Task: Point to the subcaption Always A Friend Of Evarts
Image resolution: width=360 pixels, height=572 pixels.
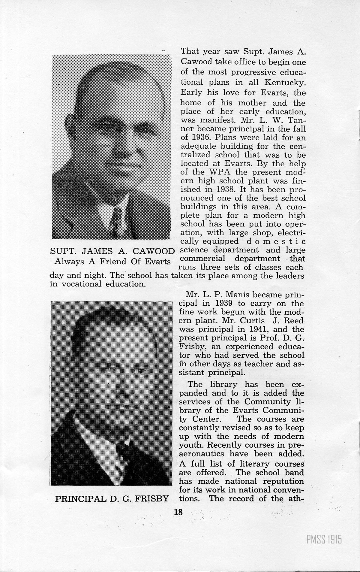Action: (x=112, y=261)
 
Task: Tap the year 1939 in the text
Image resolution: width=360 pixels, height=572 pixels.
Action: (x=227, y=303)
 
